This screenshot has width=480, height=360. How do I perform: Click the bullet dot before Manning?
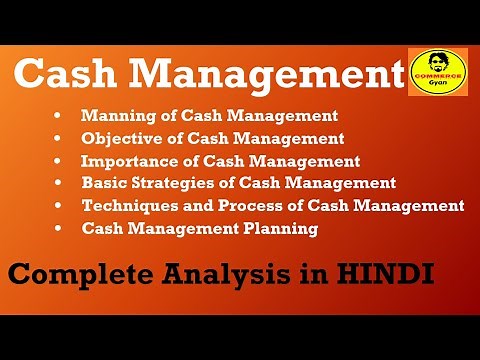[67, 117]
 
